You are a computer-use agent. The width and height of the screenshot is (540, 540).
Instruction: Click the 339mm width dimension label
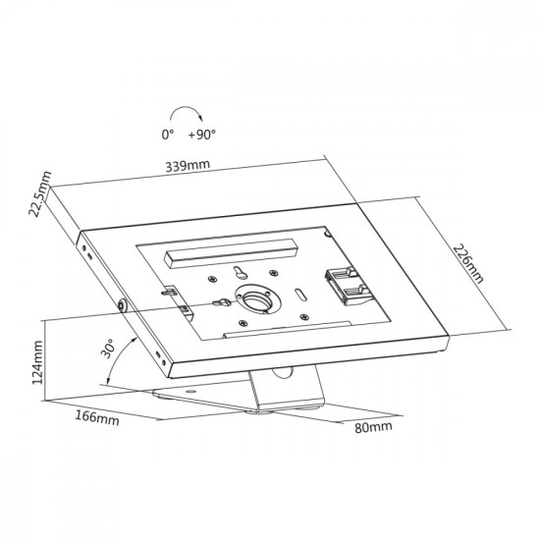188,165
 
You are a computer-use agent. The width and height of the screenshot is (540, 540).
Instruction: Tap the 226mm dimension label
468,263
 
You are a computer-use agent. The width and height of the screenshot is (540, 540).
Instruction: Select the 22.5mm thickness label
40,193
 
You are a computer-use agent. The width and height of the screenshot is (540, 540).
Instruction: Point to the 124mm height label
37,362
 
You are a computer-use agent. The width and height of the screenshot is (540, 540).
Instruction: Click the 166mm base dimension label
97,418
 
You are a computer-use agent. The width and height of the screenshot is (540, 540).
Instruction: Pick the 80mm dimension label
373,427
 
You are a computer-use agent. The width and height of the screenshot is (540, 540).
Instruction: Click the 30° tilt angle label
107,349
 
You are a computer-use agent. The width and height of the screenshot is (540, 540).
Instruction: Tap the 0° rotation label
168,135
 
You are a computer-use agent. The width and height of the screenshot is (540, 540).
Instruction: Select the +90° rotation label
202,135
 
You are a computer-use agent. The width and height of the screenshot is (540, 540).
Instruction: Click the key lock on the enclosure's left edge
123,304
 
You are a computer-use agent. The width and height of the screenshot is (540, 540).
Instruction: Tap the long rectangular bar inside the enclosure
231,253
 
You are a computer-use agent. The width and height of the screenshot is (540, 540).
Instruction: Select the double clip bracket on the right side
349,286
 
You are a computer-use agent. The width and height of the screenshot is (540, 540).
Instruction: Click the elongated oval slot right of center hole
300,296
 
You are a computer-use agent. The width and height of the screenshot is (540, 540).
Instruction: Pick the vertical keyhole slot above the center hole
240,272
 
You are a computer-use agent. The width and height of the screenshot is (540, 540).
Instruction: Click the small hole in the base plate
189,392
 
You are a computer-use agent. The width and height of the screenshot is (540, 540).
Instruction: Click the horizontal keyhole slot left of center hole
222,302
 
